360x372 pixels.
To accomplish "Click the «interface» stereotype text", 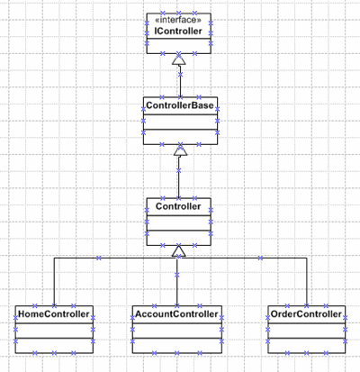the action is [178, 20].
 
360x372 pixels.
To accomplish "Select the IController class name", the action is [178, 31].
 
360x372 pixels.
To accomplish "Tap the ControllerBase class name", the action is [180, 105].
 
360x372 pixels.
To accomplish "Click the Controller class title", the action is [178, 206].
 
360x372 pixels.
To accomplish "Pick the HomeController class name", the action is [54, 314].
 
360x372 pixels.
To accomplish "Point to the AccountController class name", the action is [176, 314].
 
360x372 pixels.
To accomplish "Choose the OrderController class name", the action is [306, 314].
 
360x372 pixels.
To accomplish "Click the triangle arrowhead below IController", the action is [179, 59].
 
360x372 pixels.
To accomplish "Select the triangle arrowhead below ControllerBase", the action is [180, 150].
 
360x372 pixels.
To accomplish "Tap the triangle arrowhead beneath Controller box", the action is [179, 251].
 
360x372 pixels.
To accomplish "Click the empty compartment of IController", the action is [179, 46].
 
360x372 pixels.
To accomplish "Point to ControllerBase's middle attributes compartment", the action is [180, 122].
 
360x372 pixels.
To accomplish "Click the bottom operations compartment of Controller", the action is [179, 238].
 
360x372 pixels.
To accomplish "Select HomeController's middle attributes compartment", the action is [54, 331].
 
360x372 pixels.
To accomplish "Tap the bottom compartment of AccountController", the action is [177, 346].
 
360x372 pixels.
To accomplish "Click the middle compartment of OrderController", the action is [306, 331].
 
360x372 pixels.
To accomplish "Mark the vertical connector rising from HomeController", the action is [54, 282].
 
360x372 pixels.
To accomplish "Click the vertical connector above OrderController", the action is [307, 282].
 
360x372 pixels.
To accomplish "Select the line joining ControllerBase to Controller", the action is [179, 177].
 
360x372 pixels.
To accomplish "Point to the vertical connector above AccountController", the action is [177, 282].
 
